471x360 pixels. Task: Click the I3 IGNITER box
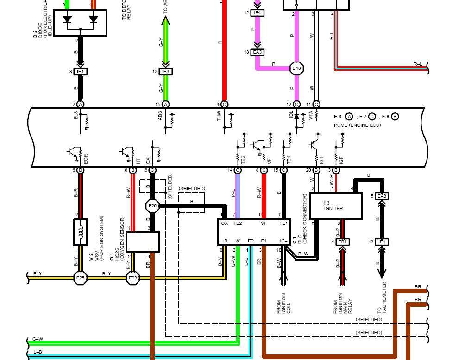(336, 206)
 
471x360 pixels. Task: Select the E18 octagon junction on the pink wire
(296, 69)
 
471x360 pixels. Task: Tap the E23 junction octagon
(132, 278)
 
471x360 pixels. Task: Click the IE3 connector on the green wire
(165, 72)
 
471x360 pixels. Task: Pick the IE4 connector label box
(257, 13)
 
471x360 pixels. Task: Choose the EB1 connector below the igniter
(343, 242)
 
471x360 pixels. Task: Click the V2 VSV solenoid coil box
(81, 232)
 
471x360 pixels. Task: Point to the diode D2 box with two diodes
(81, 22)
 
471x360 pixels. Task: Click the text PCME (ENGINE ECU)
(357, 125)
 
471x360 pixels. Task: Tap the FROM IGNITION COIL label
(283, 304)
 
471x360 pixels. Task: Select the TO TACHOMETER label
(382, 304)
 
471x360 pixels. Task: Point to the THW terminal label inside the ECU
(220, 116)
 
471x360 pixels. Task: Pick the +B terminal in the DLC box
(224, 241)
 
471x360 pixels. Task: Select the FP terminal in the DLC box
(251, 241)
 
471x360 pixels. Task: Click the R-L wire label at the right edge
(417, 64)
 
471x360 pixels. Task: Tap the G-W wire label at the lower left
(38, 339)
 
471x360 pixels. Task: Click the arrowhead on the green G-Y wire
(165, 21)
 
